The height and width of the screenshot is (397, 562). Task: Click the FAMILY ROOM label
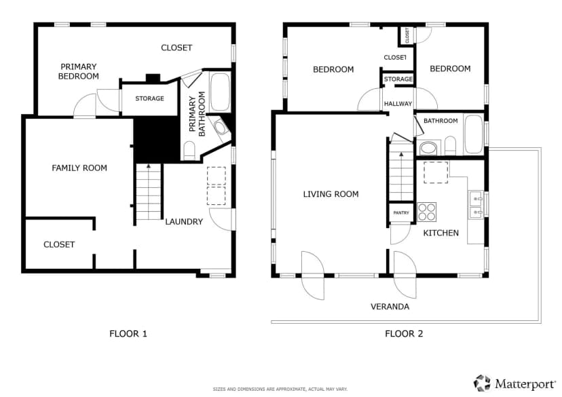tap(79, 168)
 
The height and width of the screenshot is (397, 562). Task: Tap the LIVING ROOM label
tap(331, 194)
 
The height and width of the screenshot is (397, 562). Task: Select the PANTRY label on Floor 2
tap(401, 213)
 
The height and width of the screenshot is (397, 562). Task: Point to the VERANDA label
tap(390, 307)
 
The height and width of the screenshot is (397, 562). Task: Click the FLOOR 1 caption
tap(128, 334)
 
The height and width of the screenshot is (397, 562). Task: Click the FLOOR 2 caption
tap(404, 334)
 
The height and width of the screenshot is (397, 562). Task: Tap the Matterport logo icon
tap(482, 383)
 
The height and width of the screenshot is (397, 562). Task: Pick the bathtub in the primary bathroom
tap(220, 92)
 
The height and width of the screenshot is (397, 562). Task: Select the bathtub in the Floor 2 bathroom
tap(473, 134)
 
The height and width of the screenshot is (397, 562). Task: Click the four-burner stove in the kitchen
tap(427, 212)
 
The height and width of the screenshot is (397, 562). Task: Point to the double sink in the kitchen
tap(476, 204)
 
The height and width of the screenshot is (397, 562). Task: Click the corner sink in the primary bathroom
tap(219, 127)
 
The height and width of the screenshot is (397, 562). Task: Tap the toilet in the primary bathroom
tap(189, 151)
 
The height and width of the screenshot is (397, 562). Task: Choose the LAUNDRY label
tap(184, 222)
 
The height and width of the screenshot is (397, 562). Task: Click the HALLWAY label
tap(398, 104)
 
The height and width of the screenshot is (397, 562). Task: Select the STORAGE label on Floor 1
tap(149, 98)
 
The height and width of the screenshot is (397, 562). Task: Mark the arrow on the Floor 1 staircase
tap(149, 167)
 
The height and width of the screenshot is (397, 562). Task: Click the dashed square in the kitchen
tap(436, 172)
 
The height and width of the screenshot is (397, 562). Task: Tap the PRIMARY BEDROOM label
tap(79, 71)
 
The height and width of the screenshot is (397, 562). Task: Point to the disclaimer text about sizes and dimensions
tap(280, 389)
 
